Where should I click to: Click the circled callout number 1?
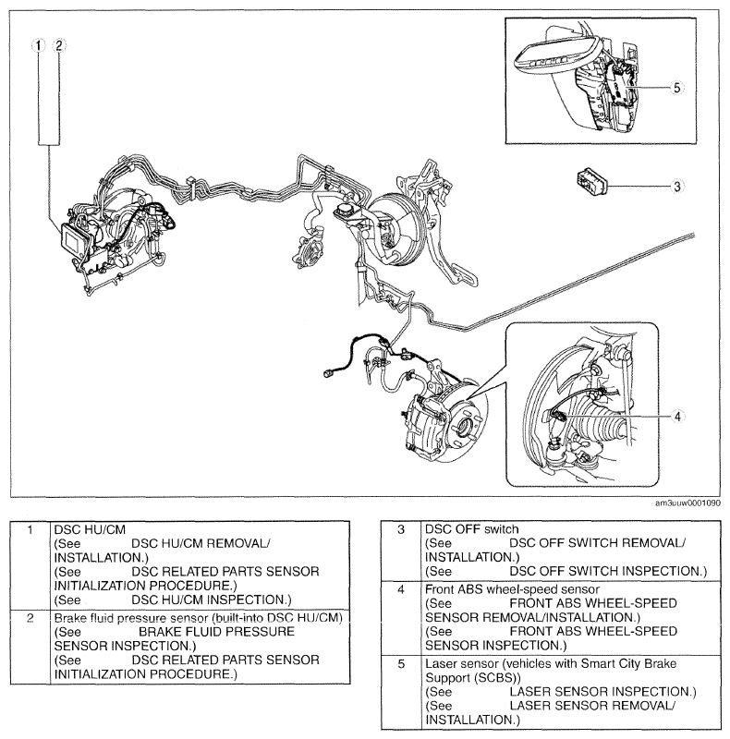click(x=38, y=44)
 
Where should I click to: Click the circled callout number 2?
click(x=58, y=44)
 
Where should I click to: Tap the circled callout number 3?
click(x=677, y=186)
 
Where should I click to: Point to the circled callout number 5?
click(x=677, y=88)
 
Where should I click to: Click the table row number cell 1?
click(x=30, y=531)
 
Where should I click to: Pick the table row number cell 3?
click(x=401, y=531)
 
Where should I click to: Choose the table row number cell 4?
click(x=401, y=588)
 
